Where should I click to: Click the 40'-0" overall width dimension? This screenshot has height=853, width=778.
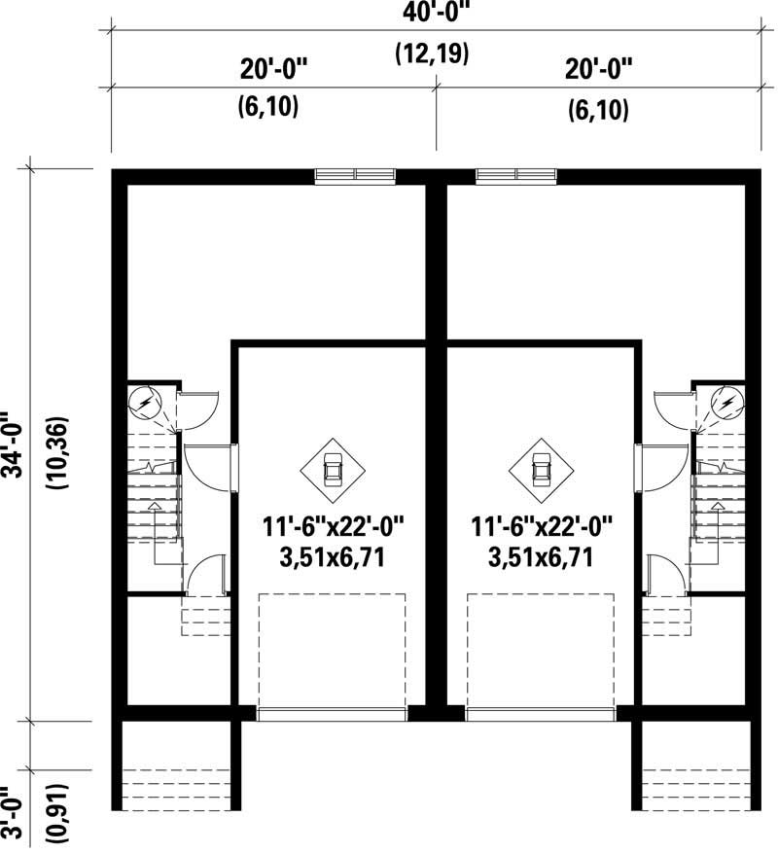click(433, 14)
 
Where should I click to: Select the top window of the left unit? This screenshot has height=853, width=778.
click(355, 175)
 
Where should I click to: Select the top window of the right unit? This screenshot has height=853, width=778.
click(516, 175)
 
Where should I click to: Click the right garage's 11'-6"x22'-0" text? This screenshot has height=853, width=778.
click(542, 528)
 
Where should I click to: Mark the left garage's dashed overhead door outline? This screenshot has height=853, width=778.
click(333, 652)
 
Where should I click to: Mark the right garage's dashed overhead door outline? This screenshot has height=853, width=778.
click(542, 652)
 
